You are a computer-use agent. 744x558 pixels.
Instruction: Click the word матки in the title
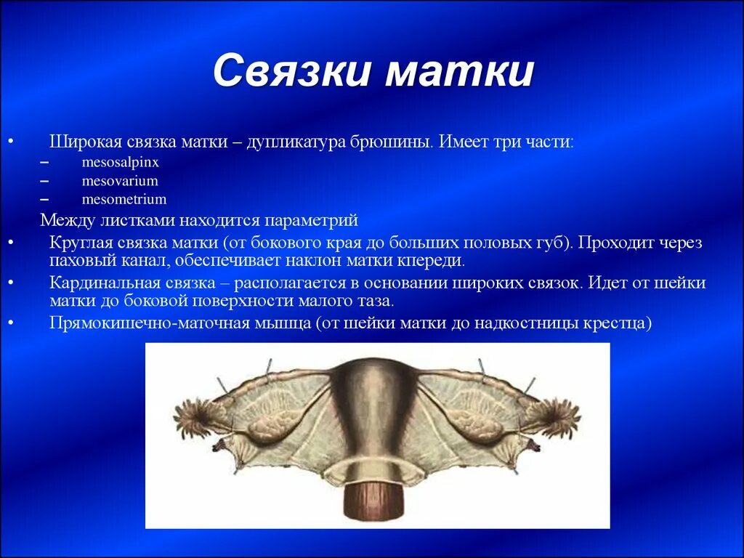click(x=459, y=72)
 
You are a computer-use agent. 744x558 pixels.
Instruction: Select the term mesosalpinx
click(x=120, y=163)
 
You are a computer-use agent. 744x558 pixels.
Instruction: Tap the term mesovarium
click(x=120, y=181)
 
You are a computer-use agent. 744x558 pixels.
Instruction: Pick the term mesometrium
click(x=124, y=199)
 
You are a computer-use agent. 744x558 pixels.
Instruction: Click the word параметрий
click(x=311, y=221)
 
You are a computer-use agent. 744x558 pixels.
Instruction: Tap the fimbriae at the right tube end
click(x=553, y=418)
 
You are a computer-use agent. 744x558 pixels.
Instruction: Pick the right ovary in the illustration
click(x=475, y=424)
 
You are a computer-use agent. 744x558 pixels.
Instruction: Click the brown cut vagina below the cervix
click(x=373, y=501)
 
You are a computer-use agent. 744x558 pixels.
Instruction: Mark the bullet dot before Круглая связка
click(x=10, y=243)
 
